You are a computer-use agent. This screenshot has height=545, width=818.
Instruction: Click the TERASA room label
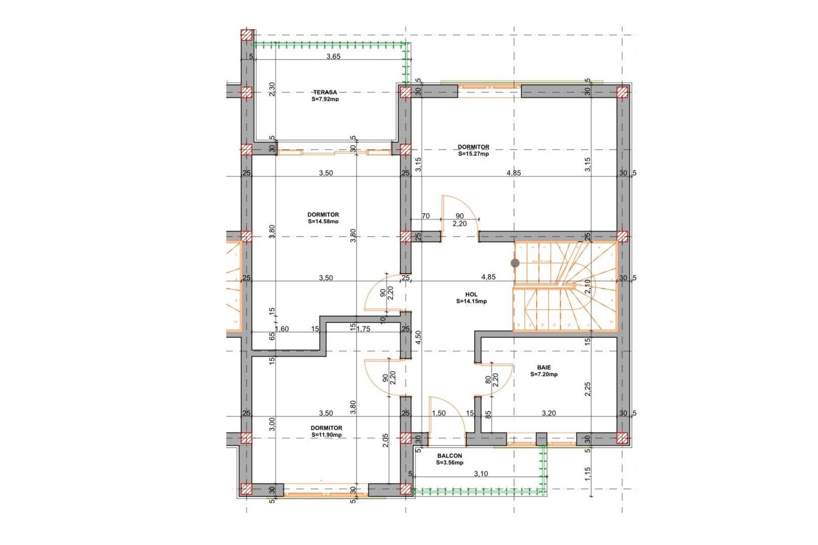(325, 92)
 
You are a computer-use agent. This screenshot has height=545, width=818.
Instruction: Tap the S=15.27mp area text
(473, 154)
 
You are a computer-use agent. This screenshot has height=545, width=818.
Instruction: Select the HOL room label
(471, 294)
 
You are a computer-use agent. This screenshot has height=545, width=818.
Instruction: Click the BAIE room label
(544, 367)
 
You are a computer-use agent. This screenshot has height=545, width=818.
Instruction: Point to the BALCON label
(449, 456)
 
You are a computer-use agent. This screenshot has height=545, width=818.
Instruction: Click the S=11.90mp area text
(326, 434)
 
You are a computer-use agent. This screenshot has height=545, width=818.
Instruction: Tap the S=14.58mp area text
(323, 221)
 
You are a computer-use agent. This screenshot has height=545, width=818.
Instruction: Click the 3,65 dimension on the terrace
(333, 57)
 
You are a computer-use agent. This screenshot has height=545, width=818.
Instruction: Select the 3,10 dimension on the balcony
(481, 473)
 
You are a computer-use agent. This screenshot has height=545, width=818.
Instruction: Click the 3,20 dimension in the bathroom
(548, 413)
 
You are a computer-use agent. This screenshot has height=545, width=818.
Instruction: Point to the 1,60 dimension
(282, 329)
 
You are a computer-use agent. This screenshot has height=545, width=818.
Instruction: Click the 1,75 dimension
(363, 329)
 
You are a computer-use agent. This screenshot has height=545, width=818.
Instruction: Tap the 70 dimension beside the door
(425, 216)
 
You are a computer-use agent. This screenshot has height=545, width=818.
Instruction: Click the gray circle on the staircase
(515, 263)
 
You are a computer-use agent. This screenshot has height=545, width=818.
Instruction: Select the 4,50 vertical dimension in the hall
(418, 338)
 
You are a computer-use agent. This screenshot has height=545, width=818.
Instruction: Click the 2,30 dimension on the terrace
(272, 89)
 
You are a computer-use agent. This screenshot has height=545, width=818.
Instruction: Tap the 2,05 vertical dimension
(386, 441)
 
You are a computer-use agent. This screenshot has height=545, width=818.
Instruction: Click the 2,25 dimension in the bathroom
(587, 389)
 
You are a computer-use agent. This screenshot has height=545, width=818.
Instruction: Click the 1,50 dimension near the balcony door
(439, 413)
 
